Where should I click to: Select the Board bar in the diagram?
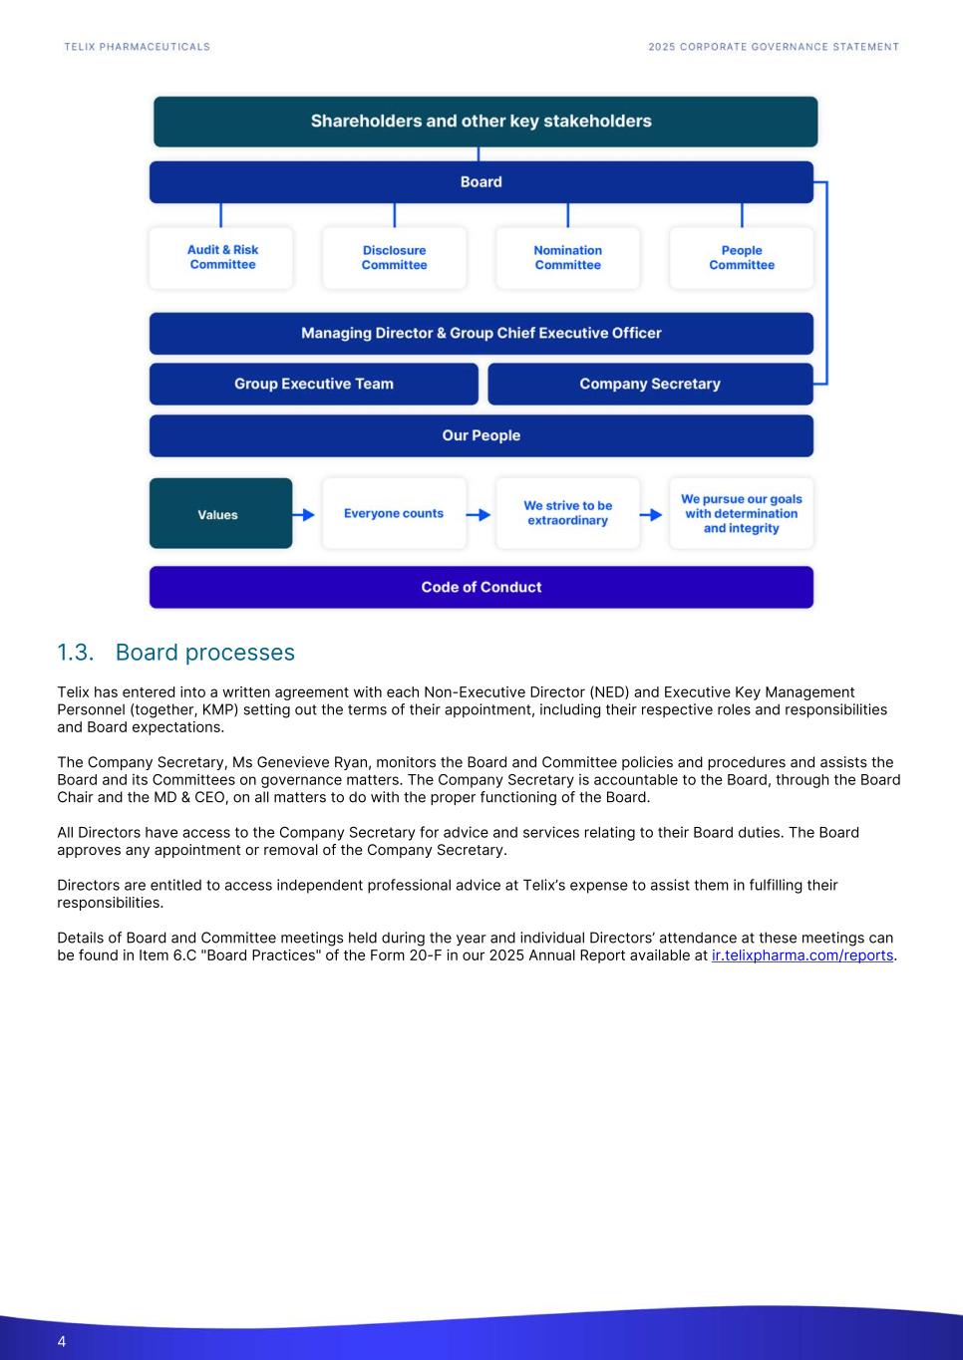[x=481, y=182]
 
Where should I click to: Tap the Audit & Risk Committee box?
[x=222, y=257]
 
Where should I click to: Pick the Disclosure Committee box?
[x=394, y=258]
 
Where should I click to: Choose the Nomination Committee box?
[x=567, y=258]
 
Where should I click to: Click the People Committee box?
[x=741, y=258]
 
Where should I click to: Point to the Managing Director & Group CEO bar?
[x=481, y=333]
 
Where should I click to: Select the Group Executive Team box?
[x=313, y=384]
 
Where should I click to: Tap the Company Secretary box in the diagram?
[x=649, y=384]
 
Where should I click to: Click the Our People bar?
[x=481, y=435]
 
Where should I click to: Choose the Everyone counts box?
[x=394, y=514]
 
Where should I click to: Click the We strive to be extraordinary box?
[x=567, y=514]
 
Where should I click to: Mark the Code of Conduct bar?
[x=481, y=587]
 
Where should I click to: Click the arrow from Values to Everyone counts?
[x=304, y=514]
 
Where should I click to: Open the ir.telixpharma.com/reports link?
[x=802, y=955]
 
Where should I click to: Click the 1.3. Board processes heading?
[x=175, y=653]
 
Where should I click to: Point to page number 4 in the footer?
[x=62, y=1341]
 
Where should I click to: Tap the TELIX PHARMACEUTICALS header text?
[x=137, y=47]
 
